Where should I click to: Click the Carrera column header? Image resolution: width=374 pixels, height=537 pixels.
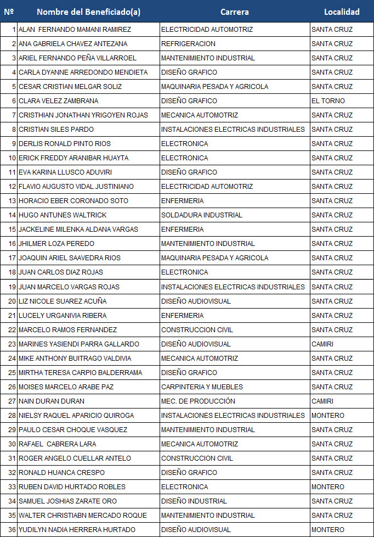click(x=234, y=12)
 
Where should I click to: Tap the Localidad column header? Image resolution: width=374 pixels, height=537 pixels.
click(x=342, y=12)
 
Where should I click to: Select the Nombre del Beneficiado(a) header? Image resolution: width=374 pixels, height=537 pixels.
click(x=88, y=12)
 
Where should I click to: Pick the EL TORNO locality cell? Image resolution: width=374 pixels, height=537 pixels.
click(x=328, y=101)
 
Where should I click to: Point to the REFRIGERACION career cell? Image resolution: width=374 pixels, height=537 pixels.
click(x=188, y=44)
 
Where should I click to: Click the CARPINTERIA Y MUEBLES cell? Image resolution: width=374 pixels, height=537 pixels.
click(x=202, y=387)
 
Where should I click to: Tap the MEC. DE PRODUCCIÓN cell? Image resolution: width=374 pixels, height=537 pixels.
click(x=198, y=401)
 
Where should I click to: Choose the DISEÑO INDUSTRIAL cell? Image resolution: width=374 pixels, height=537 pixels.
click(x=194, y=501)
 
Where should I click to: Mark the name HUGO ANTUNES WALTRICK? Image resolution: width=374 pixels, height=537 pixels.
click(x=55, y=215)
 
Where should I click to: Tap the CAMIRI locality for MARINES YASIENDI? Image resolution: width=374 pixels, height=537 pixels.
click(x=322, y=344)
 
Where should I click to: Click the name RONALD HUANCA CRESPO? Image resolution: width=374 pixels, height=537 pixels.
click(x=61, y=472)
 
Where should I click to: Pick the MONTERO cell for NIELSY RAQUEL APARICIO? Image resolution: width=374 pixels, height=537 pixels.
click(x=328, y=415)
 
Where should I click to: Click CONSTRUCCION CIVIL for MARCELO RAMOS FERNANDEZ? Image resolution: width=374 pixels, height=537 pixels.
click(x=197, y=329)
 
